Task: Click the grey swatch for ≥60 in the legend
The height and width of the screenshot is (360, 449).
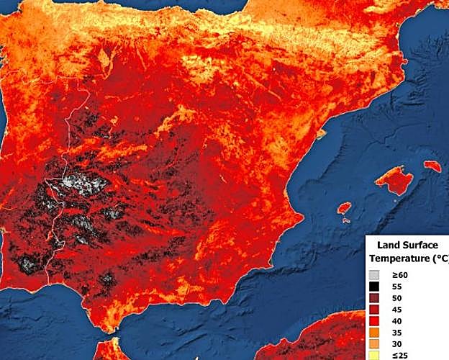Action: [374, 275]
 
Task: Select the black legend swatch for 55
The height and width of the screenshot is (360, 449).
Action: [374, 287]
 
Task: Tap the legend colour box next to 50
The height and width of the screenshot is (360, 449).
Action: [374, 298]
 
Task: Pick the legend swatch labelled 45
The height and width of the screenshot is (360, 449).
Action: [374, 310]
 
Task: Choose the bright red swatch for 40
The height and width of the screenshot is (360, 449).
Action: [374, 321]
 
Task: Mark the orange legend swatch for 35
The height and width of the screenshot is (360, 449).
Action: [374, 333]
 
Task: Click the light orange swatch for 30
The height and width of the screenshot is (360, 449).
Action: [374, 344]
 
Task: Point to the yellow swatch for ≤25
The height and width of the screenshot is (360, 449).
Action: [374, 355]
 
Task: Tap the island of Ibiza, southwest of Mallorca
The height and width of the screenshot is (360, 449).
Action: [344, 209]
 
